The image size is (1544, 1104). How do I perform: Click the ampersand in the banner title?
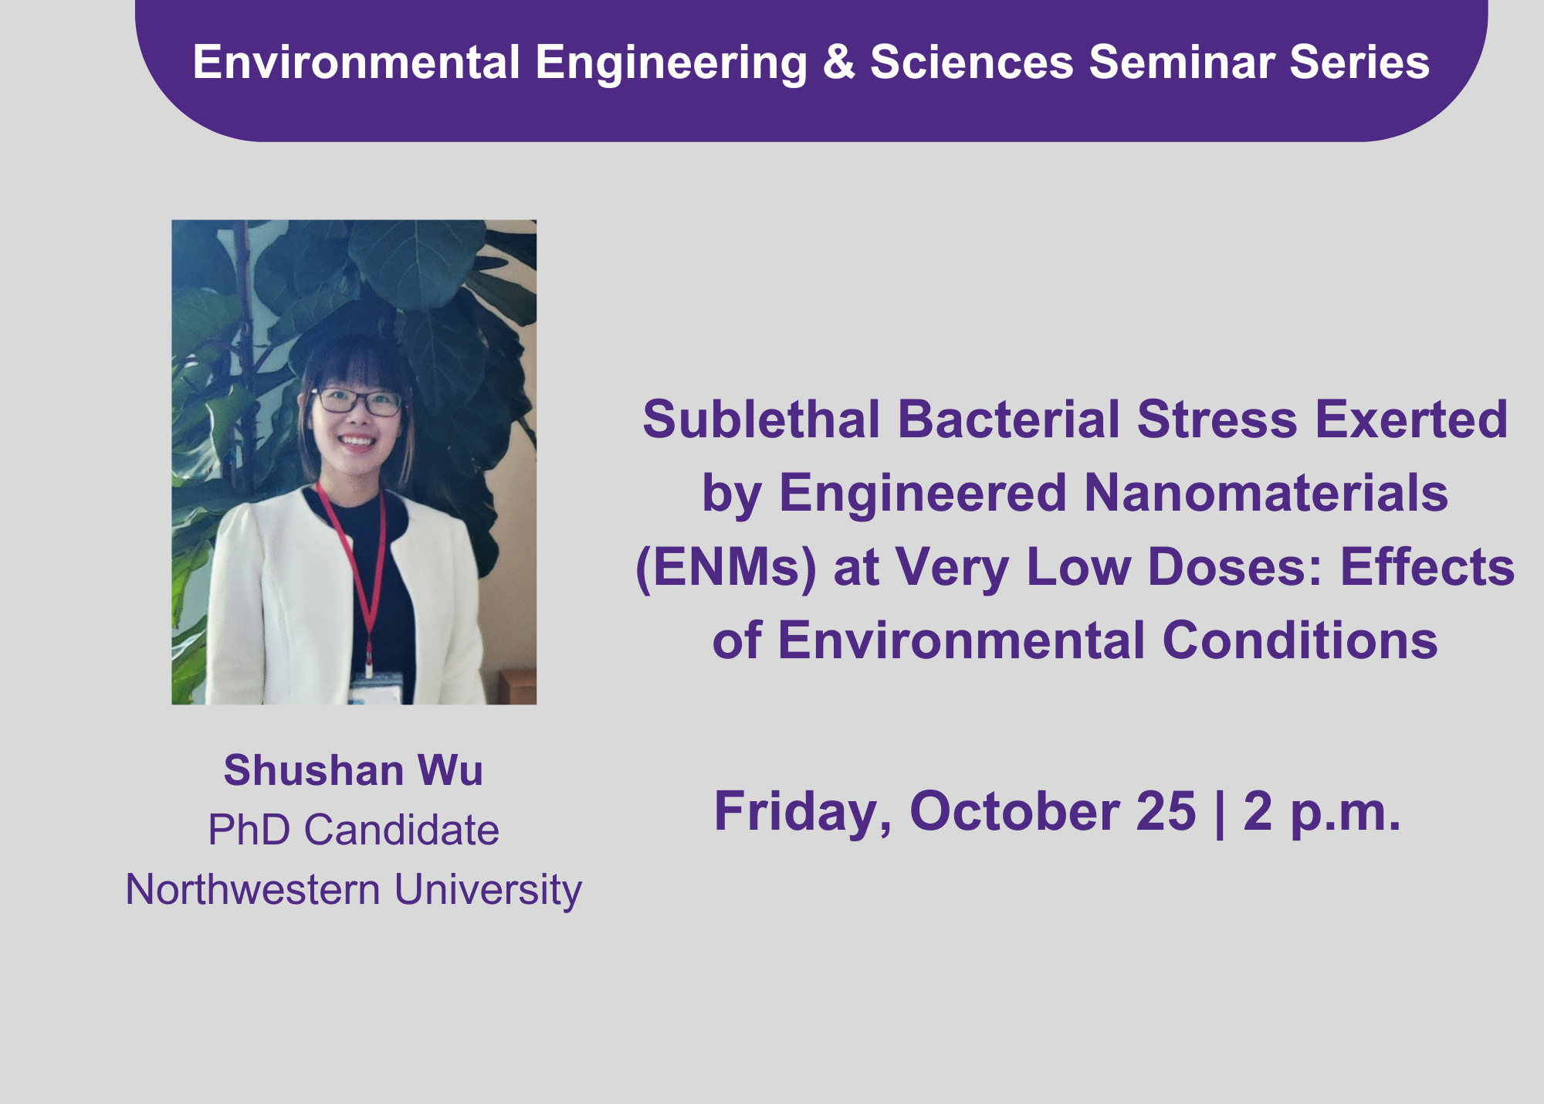coord(839,62)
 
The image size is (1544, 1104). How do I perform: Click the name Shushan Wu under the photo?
coord(354,770)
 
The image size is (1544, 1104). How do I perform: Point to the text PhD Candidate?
coord(354,830)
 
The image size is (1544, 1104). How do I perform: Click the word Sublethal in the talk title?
coord(761,420)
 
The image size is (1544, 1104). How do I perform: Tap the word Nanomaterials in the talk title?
coord(1266,493)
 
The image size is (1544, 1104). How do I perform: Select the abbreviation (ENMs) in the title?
coord(726,568)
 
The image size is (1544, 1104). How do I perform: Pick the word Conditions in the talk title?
coord(1300,641)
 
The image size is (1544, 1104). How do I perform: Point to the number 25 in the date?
coord(1166,812)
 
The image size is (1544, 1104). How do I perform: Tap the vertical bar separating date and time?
coord(1220,813)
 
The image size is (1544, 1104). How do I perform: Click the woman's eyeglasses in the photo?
coord(357,401)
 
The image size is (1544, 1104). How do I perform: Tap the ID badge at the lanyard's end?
coord(375,688)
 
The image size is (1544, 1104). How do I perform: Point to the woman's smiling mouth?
coord(357,443)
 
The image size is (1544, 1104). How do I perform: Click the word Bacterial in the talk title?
coord(1008,420)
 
